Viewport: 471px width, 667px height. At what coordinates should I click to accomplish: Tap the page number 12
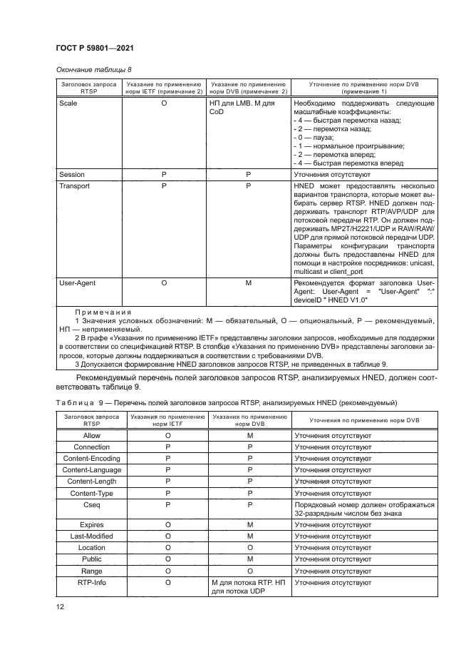(x=61, y=607)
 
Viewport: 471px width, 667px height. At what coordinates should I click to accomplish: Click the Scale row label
(x=68, y=103)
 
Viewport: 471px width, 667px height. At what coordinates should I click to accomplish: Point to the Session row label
(x=72, y=173)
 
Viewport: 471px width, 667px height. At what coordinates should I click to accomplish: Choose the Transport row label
(x=75, y=185)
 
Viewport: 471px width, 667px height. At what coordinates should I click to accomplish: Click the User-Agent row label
(x=77, y=283)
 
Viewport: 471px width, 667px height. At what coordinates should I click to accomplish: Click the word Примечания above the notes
(x=103, y=312)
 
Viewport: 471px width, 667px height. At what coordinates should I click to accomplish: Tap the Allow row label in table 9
(x=92, y=434)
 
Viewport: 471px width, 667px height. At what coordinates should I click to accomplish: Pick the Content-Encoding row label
(x=92, y=458)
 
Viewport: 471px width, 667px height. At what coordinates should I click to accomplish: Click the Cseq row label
(x=92, y=504)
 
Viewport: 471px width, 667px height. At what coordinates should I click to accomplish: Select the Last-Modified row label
(x=92, y=536)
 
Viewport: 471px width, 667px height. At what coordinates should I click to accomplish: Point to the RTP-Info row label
(x=92, y=583)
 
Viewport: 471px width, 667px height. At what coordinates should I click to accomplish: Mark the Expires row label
(x=92, y=524)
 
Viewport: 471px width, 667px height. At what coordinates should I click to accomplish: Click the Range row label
(x=92, y=571)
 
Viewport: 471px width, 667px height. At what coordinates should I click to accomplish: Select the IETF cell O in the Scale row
(x=164, y=103)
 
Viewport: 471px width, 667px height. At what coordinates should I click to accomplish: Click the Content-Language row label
(x=92, y=469)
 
